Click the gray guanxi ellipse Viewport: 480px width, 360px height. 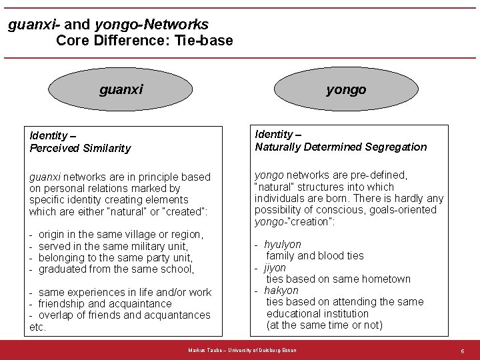point(121,89)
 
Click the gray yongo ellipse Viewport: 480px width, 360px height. point(345,89)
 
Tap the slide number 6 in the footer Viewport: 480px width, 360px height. point(462,351)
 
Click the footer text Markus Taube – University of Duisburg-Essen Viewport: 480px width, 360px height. point(243,350)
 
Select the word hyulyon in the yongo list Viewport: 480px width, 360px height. point(283,245)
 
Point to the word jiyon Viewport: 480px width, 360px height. point(275,267)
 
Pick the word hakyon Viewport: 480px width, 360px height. point(281,291)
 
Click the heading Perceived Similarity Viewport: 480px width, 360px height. point(80,148)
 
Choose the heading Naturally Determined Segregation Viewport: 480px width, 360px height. point(341,147)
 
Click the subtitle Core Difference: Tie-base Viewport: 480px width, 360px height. point(145,41)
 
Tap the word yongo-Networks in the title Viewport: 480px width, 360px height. point(151,25)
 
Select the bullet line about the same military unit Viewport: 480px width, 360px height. point(113,246)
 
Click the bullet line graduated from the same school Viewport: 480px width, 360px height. point(116,269)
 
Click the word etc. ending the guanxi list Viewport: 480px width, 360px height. point(37,327)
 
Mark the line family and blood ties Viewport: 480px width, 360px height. point(315,256)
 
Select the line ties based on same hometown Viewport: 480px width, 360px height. point(338,279)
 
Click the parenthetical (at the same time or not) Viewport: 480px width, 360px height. point(324,325)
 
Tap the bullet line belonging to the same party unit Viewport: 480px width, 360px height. point(115,257)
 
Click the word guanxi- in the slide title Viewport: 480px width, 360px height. point(34,25)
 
